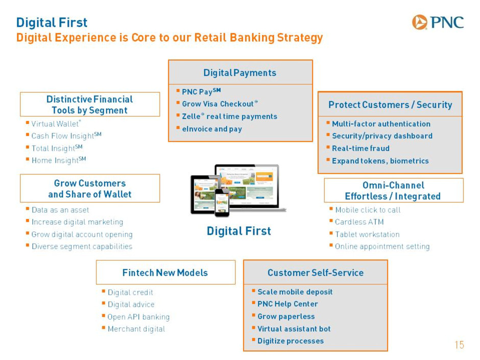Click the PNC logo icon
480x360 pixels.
[x=419, y=22]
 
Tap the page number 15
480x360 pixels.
[x=459, y=345]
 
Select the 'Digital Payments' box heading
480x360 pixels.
[x=240, y=73]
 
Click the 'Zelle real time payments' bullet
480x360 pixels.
[x=230, y=116]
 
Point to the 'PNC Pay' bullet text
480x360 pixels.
[x=201, y=91]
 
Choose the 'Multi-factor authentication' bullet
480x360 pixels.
[x=381, y=124]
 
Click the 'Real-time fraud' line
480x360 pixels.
[x=361, y=149]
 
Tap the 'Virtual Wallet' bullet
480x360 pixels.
[x=56, y=124]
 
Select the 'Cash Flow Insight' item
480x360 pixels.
[x=66, y=136]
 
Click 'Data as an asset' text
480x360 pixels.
[x=60, y=210]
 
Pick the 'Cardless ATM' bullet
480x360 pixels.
[x=359, y=222]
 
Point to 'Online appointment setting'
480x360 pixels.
[x=382, y=247]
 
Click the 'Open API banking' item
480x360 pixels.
[x=138, y=317]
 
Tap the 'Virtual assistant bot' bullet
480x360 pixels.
[x=294, y=329]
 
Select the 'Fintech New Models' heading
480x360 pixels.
[x=165, y=273]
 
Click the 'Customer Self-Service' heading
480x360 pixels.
[x=316, y=273]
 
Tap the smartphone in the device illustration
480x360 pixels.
[x=222, y=203]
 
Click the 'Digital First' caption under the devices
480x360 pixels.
[x=239, y=231]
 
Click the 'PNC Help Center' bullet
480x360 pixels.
[x=287, y=304]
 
